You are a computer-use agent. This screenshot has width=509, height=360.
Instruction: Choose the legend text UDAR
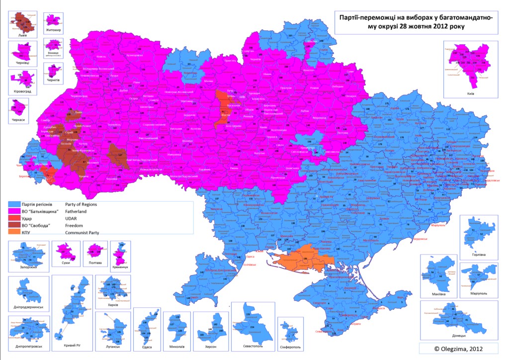click(74, 217)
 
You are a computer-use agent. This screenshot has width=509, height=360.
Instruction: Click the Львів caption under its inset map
click(19, 36)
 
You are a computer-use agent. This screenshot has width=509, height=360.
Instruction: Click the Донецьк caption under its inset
click(443, 336)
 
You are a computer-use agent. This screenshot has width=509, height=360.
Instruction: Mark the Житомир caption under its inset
click(53, 30)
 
